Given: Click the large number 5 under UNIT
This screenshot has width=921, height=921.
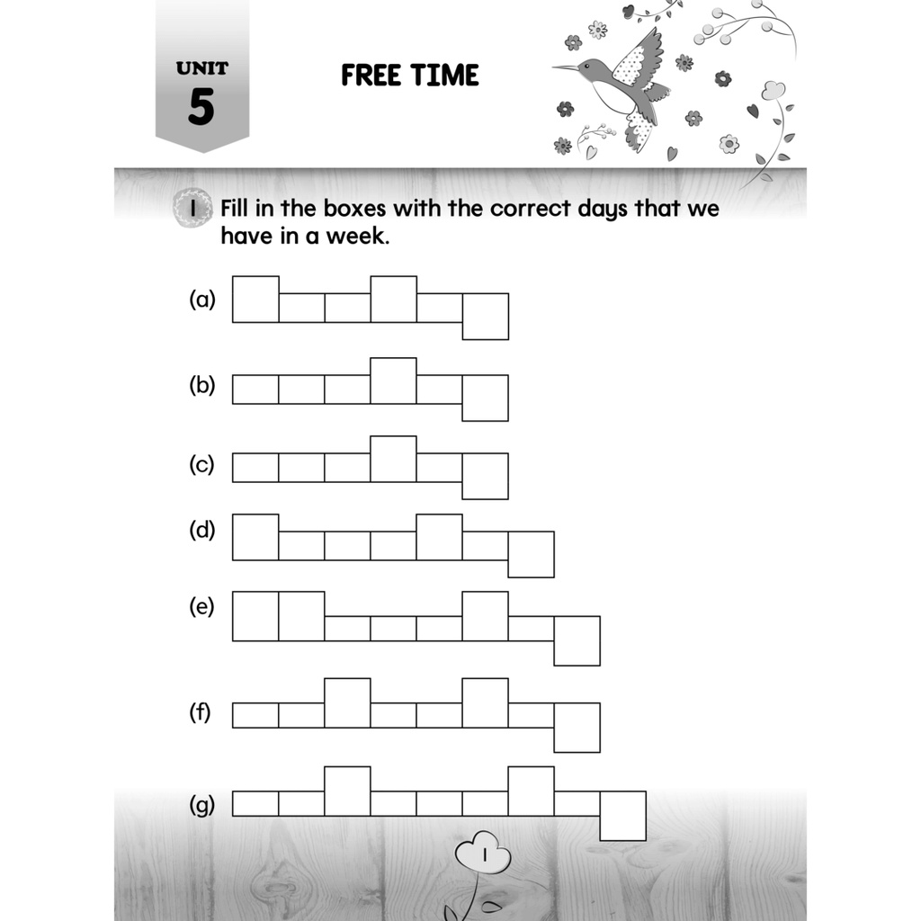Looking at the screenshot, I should [x=201, y=107].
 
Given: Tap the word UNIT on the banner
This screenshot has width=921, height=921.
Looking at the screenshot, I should [x=202, y=67].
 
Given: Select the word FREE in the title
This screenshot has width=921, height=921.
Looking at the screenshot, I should [x=371, y=76].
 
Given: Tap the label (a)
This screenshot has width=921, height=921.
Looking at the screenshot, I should [x=202, y=300].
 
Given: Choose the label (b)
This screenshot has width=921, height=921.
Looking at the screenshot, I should [x=202, y=386].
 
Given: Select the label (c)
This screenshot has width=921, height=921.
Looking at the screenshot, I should [x=201, y=465].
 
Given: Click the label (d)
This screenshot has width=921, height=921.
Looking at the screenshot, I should [x=202, y=530].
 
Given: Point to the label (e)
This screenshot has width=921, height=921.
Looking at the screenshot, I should [x=202, y=607].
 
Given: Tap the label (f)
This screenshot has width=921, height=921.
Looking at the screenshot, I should [x=200, y=714].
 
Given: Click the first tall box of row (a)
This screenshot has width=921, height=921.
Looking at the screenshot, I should [x=255, y=299].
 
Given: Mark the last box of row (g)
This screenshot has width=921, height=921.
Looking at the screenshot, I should [x=623, y=816].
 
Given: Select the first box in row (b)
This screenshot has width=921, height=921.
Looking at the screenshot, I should [x=255, y=389].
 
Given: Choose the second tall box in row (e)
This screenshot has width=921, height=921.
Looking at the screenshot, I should [x=301, y=616].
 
